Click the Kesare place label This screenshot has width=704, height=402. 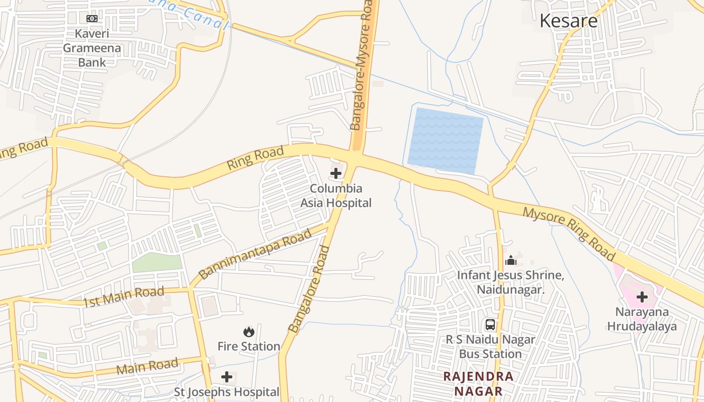568,21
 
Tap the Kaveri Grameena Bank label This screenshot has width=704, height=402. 92,48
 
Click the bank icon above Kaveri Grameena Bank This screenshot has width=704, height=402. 92,19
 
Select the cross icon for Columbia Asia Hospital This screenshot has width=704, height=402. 336,174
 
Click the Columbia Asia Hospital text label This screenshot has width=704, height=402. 336,195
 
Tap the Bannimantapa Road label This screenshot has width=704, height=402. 255,255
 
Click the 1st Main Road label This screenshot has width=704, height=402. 124,296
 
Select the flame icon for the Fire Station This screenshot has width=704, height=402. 248,332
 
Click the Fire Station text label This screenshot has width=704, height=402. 248,346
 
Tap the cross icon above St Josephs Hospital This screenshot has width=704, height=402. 227,376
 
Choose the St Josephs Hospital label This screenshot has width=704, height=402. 227,392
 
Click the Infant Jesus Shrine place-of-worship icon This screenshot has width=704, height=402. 511,260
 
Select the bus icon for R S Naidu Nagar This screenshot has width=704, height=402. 490,325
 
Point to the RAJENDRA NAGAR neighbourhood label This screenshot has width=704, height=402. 478,384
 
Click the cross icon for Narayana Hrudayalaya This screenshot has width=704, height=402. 642,297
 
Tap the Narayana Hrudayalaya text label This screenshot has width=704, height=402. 642,319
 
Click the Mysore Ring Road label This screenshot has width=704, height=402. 569,234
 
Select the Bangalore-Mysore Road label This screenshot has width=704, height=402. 361,65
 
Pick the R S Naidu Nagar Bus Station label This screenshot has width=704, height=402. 490,347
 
